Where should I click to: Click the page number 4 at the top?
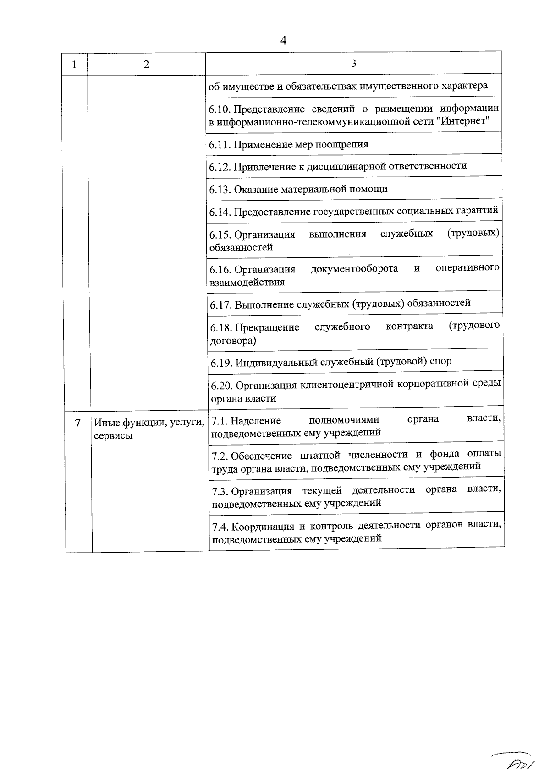(283, 41)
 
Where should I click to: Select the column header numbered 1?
(74, 65)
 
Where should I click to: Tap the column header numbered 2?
(146, 65)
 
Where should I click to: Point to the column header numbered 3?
(353, 63)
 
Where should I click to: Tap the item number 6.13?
(220, 189)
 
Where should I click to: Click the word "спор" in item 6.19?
(441, 361)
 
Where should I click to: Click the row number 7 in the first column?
(78, 423)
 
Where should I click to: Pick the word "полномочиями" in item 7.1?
(344, 419)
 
